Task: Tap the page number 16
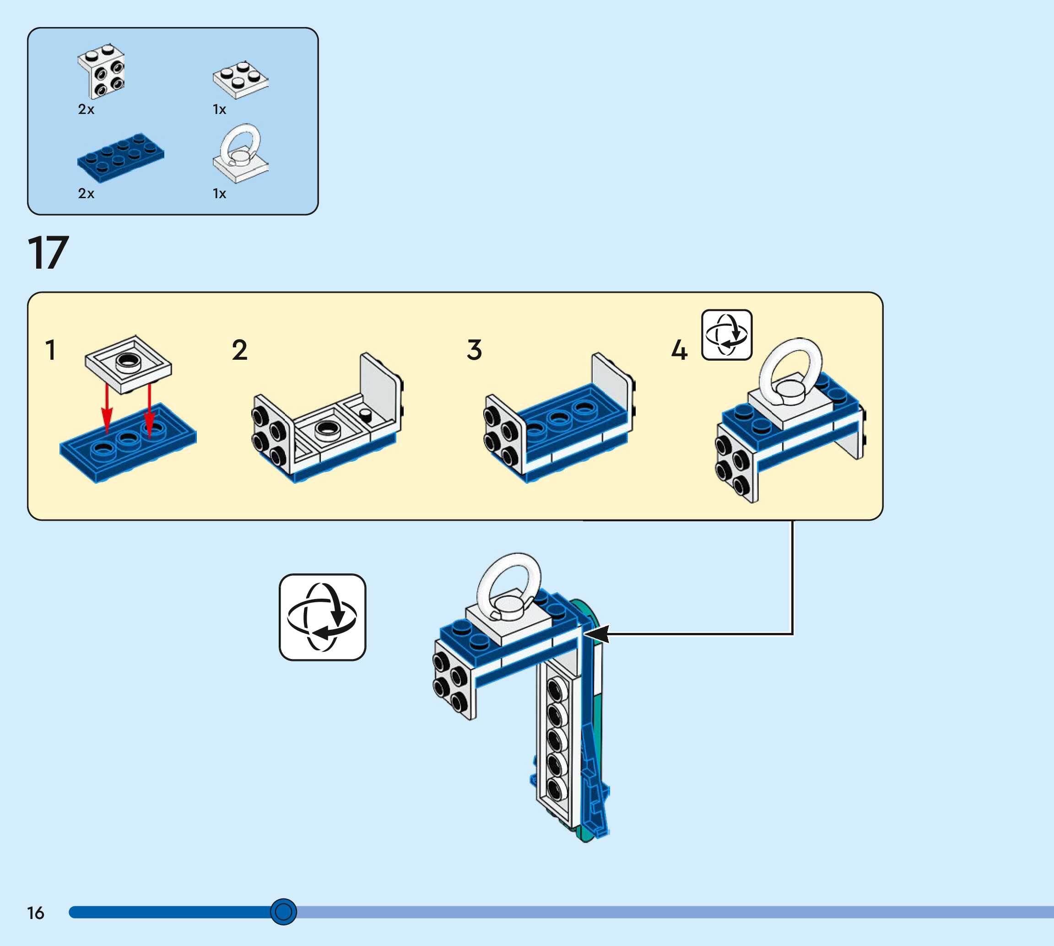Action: tap(36, 913)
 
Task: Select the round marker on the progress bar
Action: tap(283, 912)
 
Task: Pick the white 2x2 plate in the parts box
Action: tap(241, 80)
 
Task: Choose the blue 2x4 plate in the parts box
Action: tap(120, 158)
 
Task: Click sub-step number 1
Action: tap(50, 350)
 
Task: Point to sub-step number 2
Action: tap(240, 350)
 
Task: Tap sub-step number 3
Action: tap(475, 350)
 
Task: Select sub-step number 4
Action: tap(679, 350)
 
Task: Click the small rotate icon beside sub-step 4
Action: tap(727, 335)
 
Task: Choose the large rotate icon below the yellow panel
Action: tap(322, 617)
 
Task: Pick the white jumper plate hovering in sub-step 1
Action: tap(128, 364)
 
